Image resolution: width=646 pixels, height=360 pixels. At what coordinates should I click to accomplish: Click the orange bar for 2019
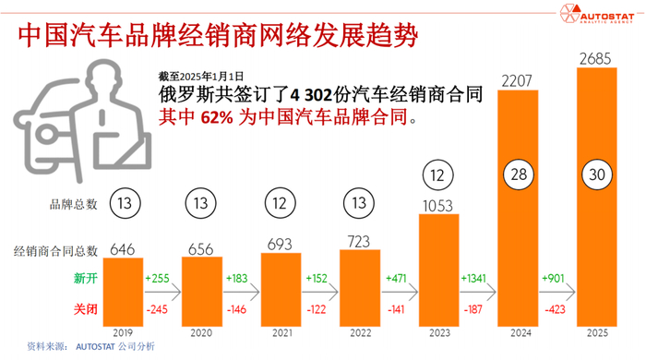tap(129, 291)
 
